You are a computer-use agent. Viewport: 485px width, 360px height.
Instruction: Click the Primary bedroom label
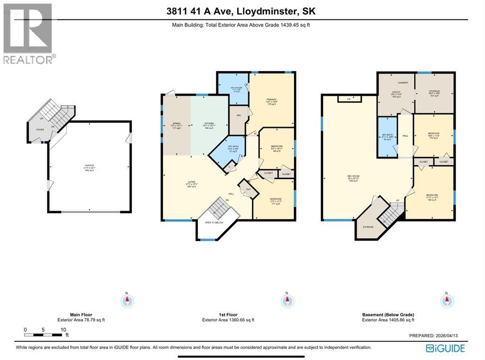pyautogui.click(x=271, y=99)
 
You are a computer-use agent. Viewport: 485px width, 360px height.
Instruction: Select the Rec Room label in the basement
pyautogui.click(x=353, y=176)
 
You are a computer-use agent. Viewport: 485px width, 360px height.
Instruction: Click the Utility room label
pyautogui.click(x=395, y=91)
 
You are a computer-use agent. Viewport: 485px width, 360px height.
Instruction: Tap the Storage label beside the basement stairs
pyautogui.click(x=368, y=227)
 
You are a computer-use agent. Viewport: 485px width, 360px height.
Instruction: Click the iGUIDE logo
pyautogui.click(x=445, y=349)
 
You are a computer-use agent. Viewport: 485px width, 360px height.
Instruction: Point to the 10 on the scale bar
pyautogui.click(x=63, y=330)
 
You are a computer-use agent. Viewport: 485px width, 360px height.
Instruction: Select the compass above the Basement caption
pyautogui.click(x=445, y=300)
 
